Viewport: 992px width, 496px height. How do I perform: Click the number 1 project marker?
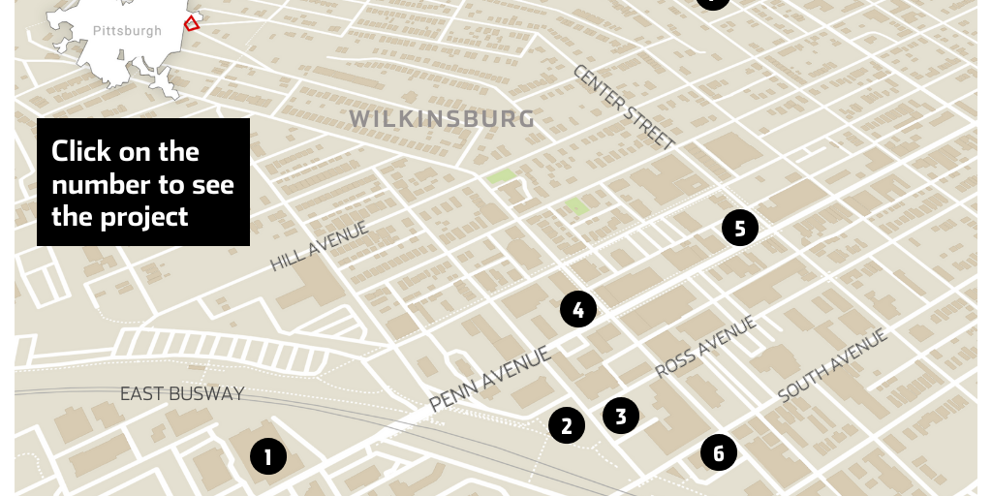[x=268, y=456]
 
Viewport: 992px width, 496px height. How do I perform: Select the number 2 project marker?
[x=567, y=425]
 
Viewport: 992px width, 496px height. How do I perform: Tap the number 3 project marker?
[x=621, y=416]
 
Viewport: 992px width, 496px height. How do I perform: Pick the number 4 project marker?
[x=578, y=310]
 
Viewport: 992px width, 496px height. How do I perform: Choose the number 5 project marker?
[x=740, y=229]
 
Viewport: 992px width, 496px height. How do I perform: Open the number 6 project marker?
[x=719, y=452]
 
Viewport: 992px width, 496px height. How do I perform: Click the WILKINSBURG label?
[x=442, y=119]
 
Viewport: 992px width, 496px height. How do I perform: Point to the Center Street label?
[x=624, y=107]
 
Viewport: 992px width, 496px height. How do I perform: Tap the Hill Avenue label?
[x=320, y=245]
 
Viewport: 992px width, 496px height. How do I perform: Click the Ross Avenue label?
[x=705, y=346]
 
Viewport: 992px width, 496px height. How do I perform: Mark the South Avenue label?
[x=833, y=365]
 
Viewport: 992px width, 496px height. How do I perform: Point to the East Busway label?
[x=182, y=393]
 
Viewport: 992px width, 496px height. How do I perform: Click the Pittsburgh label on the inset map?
[x=128, y=31]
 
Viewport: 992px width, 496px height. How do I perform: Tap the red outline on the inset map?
[x=192, y=23]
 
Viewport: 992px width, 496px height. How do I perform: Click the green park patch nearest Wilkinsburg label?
[x=501, y=176]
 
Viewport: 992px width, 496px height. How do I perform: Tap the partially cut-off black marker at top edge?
[x=713, y=3]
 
